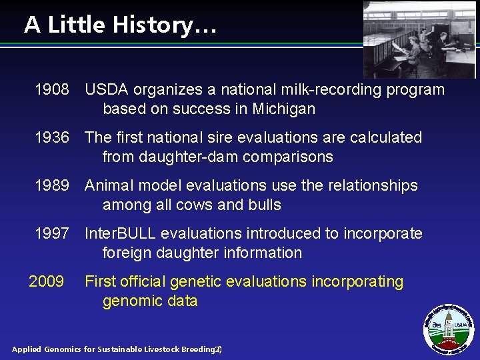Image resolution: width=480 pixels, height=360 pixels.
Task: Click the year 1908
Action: click(52, 90)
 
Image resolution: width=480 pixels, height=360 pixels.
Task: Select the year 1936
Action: click(52, 138)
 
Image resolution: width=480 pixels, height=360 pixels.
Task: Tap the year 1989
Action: click(52, 186)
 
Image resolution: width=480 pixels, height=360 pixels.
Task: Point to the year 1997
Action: click(52, 234)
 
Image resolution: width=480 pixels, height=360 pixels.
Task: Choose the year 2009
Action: click(47, 282)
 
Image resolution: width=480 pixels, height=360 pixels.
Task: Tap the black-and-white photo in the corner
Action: click(419, 39)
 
